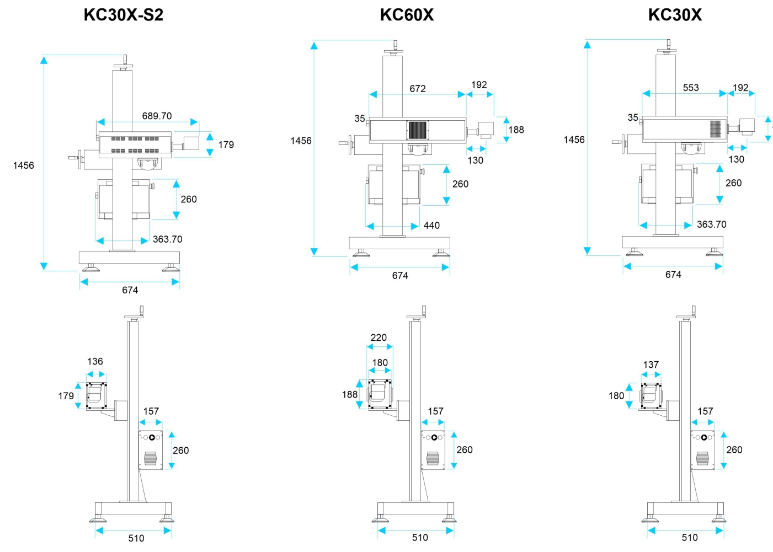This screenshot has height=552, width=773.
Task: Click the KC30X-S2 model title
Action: pyautogui.click(x=124, y=15)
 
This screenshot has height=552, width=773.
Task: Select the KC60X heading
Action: pyautogui.click(x=407, y=15)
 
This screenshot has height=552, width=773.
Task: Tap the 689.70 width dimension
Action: pyautogui.click(x=157, y=116)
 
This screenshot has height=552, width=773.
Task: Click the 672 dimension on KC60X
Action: pyautogui.click(x=418, y=89)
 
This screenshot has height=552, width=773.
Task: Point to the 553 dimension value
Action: pyautogui.click(x=691, y=88)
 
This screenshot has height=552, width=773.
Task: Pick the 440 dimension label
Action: pyautogui.click(x=431, y=226)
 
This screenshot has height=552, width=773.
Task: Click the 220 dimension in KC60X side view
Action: pyautogui.click(x=378, y=337)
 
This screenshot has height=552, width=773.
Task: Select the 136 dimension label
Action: pyautogui.click(x=95, y=361)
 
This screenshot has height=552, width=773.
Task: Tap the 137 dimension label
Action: pyautogui.click(x=651, y=365)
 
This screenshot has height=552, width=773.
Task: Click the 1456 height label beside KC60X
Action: pyautogui.click(x=301, y=141)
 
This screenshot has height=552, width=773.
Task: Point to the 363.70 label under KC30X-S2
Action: pyautogui.click(x=167, y=239)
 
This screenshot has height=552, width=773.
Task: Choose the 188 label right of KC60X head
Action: pyautogui.click(x=516, y=130)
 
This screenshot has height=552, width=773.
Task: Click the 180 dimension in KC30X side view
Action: pyautogui.click(x=616, y=395)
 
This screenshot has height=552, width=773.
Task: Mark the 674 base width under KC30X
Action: pyautogui.click(x=673, y=275)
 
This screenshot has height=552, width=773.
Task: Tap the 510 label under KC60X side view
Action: pyautogui.click(x=420, y=537)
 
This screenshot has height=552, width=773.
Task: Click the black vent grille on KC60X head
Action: pyautogui.click(x=418, y=130)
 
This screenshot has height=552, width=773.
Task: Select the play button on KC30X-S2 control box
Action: pyautogui.click(x=152, y=437)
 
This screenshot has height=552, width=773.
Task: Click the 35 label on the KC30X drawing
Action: pyautogui.click(x=633, y=117)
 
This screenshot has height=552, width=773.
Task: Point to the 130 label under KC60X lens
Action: pyautogui.click(x=476, y=160)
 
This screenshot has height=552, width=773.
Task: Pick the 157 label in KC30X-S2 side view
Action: pyautogui.click(x=151, y=411)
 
